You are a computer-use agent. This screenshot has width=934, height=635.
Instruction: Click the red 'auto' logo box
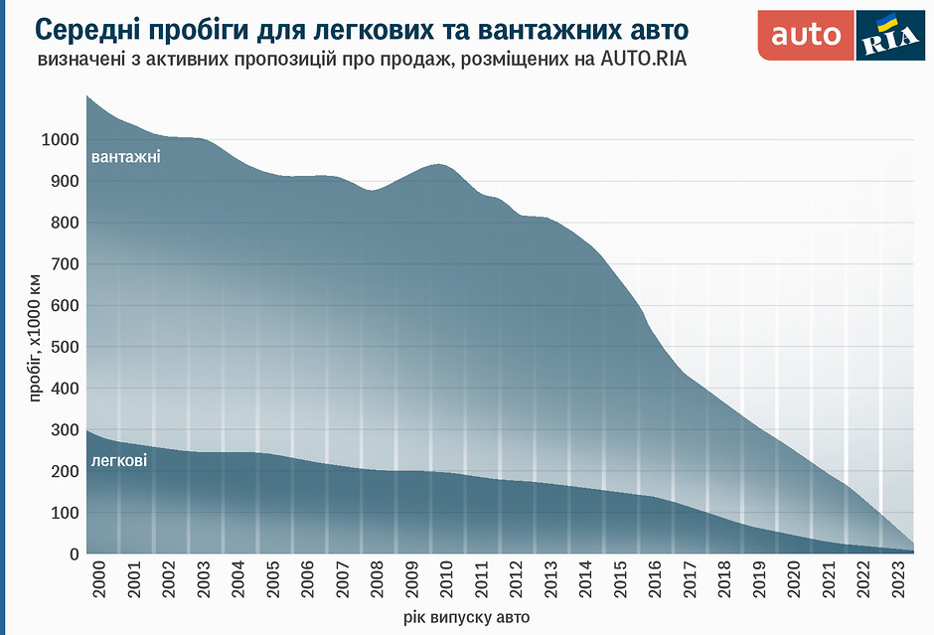point(806,35)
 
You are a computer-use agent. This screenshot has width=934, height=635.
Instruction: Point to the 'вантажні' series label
point(125,157)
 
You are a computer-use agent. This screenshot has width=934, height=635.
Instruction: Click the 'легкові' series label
point(119,460)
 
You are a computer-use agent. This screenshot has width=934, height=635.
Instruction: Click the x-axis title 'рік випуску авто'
point(467,617)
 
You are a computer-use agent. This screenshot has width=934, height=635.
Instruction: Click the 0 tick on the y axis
point(75,555)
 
